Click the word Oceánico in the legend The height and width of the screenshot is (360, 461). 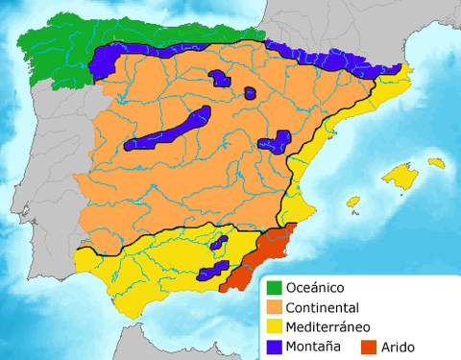click(315, 287)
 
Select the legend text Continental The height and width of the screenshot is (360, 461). click(323, 307)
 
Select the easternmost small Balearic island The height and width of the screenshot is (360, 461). click(437, 162)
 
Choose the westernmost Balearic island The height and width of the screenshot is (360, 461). click(353, 204)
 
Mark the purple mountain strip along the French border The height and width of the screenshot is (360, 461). click(327, 60)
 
